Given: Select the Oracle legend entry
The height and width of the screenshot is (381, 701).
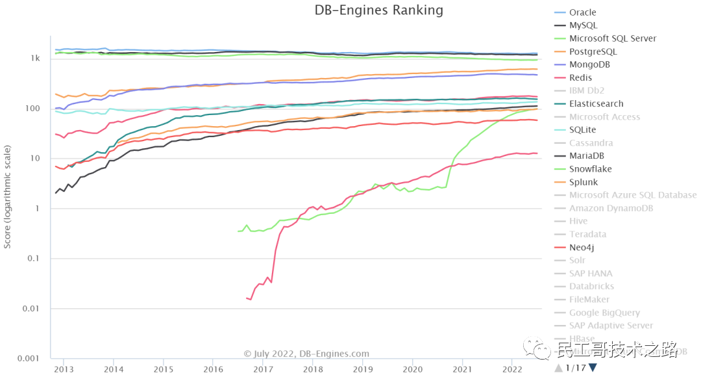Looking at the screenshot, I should pos(582,12).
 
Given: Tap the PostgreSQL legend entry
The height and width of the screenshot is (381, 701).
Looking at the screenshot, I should pos(593,51).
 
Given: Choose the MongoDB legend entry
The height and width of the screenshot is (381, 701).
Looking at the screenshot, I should pos(589,64).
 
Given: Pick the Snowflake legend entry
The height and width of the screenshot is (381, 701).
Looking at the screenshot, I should pos(590,169).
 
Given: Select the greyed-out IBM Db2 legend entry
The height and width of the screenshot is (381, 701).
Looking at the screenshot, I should pos(587,90).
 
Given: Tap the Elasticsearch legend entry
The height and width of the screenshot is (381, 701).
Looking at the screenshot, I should pos(596,103).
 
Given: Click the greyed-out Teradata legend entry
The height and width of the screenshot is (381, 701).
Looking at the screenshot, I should pos(587,234).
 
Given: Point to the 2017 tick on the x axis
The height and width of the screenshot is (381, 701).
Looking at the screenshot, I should pos(263,369).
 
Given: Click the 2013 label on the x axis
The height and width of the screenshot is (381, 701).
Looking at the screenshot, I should pos(64,369).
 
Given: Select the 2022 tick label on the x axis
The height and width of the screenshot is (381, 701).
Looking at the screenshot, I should pos(512,369).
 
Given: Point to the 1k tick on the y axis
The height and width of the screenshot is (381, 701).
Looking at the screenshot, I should pos(34,59).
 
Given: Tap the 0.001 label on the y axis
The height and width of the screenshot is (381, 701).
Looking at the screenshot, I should pos(29,358).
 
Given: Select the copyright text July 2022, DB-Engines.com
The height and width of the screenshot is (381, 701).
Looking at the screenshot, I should pos(306,354).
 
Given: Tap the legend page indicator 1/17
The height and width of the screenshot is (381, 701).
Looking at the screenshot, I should pos(575,368).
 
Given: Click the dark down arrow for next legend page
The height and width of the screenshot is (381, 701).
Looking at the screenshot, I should pos(593,368).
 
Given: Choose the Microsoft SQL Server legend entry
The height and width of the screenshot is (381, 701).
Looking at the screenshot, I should pos(612,38).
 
